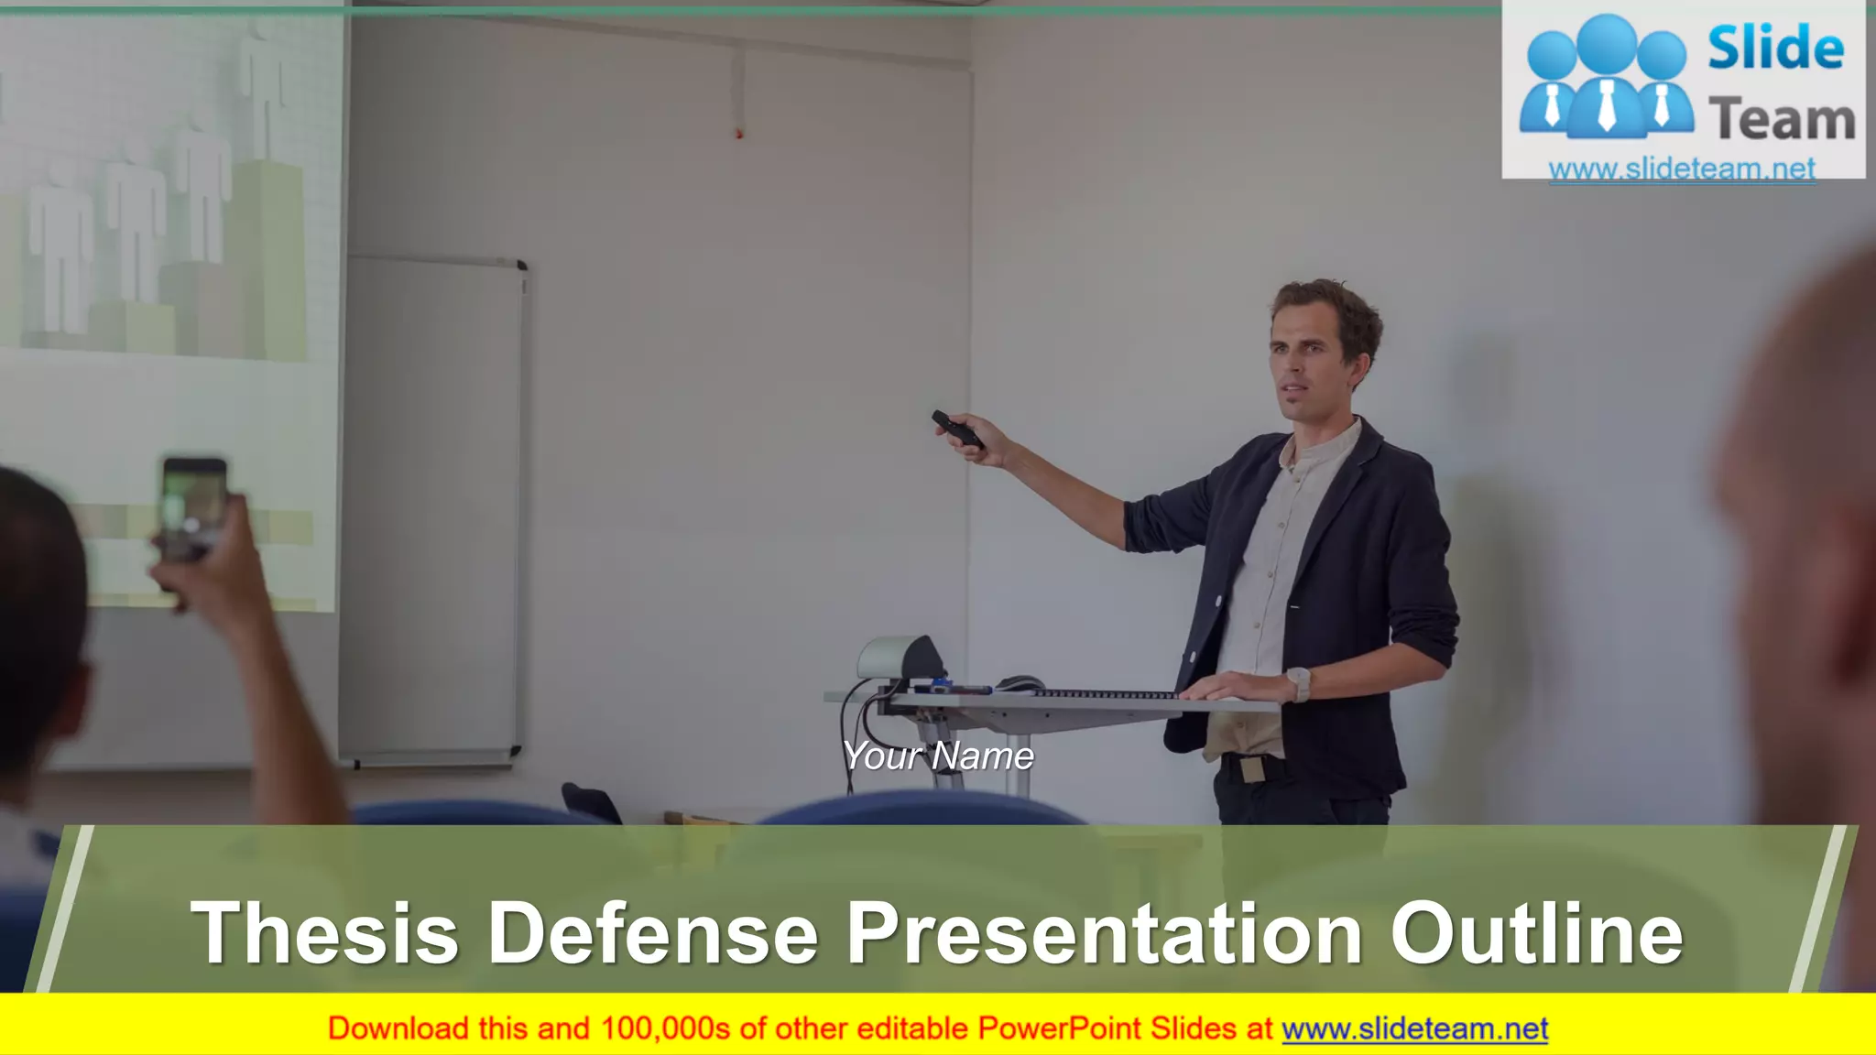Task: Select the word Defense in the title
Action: [x=652, y=932]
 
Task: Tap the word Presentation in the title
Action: [x=1104, y=932]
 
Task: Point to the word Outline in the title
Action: [x=1536, y=932]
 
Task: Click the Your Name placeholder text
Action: [x=938, y=756]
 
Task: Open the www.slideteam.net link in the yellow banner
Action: [x=1414, y=1029]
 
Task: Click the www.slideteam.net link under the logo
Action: [x=1682, y=169]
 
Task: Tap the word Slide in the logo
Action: [x=1775, y=48]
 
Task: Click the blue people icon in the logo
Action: [x=1606, y=78]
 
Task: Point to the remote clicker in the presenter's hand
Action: [x=957, y=430]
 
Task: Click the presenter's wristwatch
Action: [x=1298, y=682]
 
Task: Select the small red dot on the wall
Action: [x=739, y=134]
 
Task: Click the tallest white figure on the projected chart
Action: [x=262, y=87]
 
